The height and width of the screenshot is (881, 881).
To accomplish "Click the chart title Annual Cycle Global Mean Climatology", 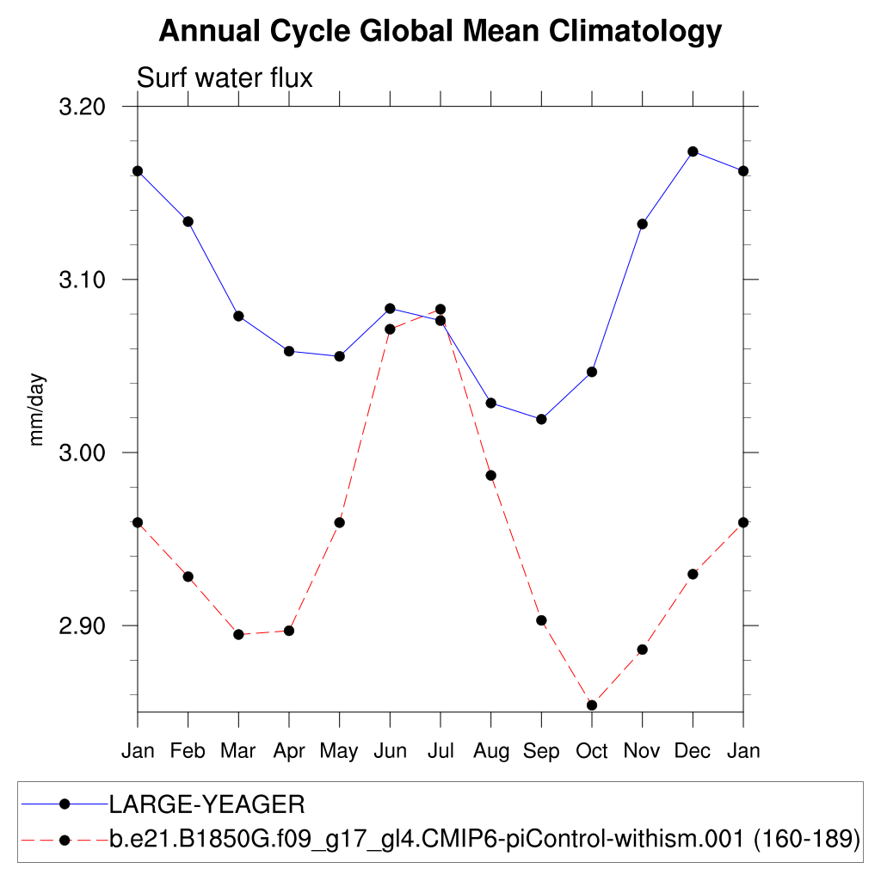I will [440, 32].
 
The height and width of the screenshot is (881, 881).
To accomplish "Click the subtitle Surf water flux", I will [225, 78].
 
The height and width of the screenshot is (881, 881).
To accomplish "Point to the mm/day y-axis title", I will [36, 410].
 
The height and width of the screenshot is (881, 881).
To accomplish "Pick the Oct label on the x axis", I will [591, 751].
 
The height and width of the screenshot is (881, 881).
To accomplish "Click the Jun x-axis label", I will [390, 751].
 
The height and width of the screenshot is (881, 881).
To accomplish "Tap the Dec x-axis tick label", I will [693, 751].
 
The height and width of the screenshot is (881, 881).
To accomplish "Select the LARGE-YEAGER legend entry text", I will [206, 805].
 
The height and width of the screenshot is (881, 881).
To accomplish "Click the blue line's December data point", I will [693, 151].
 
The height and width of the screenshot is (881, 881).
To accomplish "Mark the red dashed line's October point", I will [592, 705].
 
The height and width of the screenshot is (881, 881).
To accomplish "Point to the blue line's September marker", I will [541, 419].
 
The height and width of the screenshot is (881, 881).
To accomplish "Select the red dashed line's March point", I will [238, 635].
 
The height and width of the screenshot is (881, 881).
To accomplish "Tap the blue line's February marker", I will [188, 222].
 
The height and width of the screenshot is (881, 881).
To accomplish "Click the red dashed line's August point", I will [490, 476].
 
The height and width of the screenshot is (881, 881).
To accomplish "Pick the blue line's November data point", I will [642, 225].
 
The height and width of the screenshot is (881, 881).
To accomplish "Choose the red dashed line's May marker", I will [339, 522].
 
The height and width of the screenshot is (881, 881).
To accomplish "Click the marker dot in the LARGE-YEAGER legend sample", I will [64, 804].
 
